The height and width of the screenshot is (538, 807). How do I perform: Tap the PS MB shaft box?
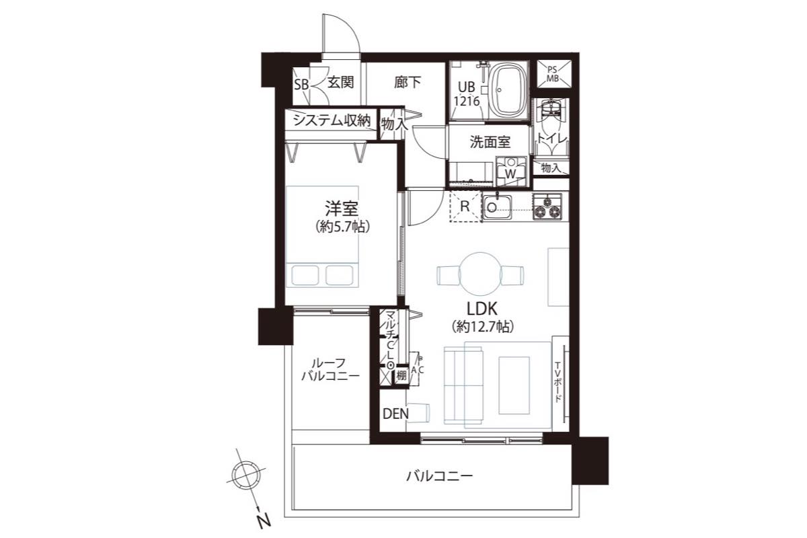tap(553, 74)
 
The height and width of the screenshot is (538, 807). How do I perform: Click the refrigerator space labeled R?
tap(465, 206)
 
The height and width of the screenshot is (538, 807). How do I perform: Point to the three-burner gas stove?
tap(547, 206)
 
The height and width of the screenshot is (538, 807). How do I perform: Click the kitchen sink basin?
tap(497, 206)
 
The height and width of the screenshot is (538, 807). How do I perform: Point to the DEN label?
tap(395, 414)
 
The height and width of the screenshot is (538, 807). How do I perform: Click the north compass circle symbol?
tap(246, 475)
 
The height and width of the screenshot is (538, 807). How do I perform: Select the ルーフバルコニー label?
tap(330, 370)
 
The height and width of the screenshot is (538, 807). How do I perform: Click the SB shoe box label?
tap(301, 85)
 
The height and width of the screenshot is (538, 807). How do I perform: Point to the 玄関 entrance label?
tap(340, 83)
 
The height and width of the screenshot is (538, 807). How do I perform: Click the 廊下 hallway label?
tap(408, 83)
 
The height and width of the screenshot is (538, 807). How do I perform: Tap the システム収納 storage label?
tap(332, 120)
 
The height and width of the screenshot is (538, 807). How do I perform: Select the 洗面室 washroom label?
tap(490, 142)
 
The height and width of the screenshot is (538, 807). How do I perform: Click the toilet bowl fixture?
tap(551, 108)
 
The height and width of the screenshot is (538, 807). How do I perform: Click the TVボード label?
tap(558, 383)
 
